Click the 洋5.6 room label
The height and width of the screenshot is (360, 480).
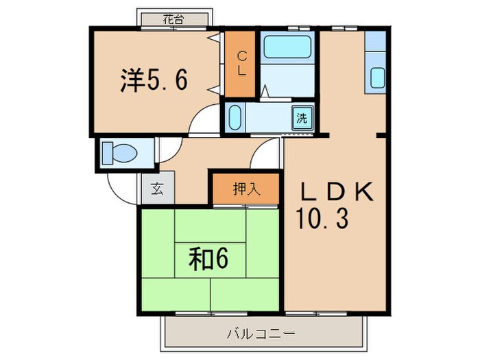pos(153,81)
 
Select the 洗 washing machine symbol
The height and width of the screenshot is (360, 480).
pos(302,117)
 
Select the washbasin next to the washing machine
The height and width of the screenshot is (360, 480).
pos(235,117)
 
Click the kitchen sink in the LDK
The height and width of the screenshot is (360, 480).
pos(378,77)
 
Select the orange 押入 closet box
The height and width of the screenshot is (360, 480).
pos(245,190)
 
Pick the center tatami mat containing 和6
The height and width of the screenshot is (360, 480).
pos(209,259)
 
